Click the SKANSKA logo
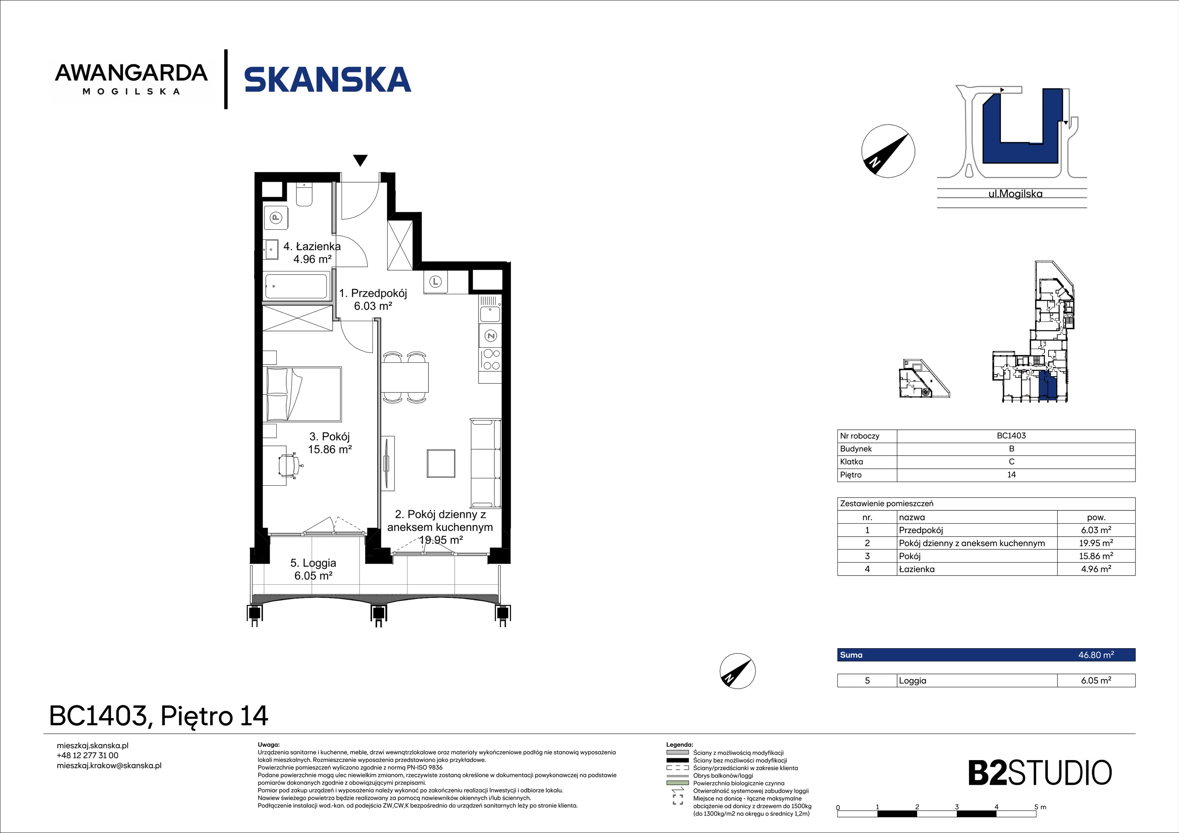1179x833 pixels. [x=328, y=80]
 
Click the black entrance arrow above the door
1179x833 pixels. [x=360, y=161]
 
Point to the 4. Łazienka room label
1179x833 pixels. [x=312, y=253]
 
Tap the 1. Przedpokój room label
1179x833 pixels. [x=373, y=299]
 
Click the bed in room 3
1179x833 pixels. [x=302, y=394]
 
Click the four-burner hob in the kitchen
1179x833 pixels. [x=490, y=359]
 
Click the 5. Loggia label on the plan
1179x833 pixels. [x=313, y=569]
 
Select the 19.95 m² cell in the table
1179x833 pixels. [x=1096, y=543]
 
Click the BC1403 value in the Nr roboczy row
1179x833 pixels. [x=1011, y=436]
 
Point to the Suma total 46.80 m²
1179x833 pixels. [x=1096, y=655]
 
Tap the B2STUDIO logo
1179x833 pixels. [x=1040, y=773]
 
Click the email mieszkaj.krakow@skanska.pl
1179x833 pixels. [x=109, y=765]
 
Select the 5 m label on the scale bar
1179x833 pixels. [x=1040, y=807]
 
